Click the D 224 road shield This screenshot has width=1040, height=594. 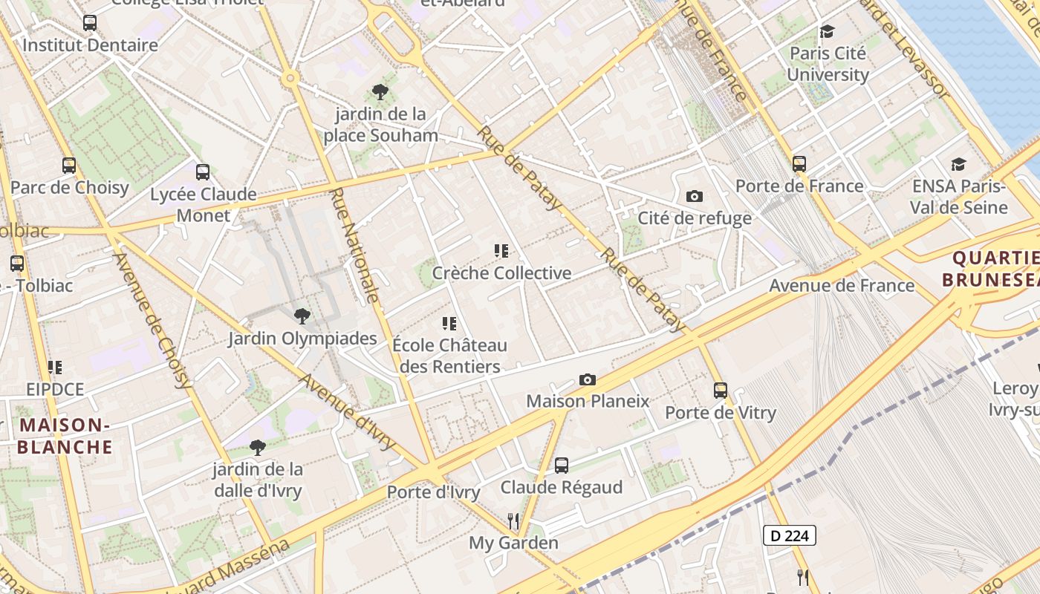(x=790, y=535)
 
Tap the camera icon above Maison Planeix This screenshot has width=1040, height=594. (x=587, y=380)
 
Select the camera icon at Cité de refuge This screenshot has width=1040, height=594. (x=695, y=196)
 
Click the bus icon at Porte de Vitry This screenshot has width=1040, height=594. (x=720, y=390)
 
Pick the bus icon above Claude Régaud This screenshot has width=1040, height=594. (x=562, y=466)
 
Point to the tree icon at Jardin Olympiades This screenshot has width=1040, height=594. (x=302, y=316)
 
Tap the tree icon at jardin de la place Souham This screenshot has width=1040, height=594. (x=380, y=92)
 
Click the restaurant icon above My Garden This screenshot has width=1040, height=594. (x=513, y=520)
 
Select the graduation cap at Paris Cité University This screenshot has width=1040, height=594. (x=827, y=31)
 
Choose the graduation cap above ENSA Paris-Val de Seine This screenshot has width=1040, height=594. (x=958, y=164)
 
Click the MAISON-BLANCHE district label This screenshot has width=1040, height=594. (x=65, y=436)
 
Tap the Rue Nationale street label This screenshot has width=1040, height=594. (x=354, y=245)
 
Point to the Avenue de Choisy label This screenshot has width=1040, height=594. (x=153, y=321)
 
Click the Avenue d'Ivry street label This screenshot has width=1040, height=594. (x=347, y=411)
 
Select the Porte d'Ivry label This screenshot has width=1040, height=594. (x=433, y=492)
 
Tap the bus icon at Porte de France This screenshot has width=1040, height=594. (x=799, y=164)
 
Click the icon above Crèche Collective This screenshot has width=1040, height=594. (x=501, y=251)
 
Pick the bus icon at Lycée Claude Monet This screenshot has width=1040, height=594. (x=203, y=172)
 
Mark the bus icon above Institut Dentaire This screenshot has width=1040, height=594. (x=90, y=23)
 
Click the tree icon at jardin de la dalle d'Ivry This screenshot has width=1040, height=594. (x=258, y=447)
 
